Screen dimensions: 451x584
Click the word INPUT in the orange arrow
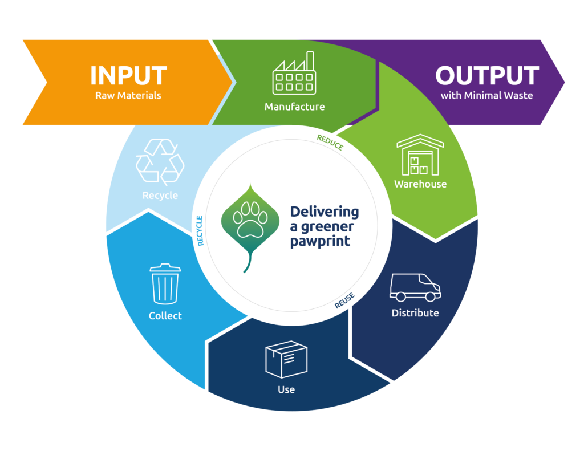point(128,76)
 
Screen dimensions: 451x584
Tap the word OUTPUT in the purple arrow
point(486,76)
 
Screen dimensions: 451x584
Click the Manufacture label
point(294,107)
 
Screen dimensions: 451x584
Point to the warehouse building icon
point(420,155)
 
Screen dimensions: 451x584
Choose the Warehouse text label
point(420,184)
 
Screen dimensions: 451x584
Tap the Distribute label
point(415,313)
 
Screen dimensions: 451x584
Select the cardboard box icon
point(286,359)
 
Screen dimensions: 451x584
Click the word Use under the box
point(286,389)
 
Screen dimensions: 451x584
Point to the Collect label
point(165,315)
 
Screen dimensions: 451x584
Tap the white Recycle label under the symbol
point(160,196)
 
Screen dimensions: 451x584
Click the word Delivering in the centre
point(325,213)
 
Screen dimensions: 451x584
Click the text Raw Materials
point(128,95)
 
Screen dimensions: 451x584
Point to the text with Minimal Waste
point(486,95)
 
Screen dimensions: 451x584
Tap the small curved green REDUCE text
point(330,143)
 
